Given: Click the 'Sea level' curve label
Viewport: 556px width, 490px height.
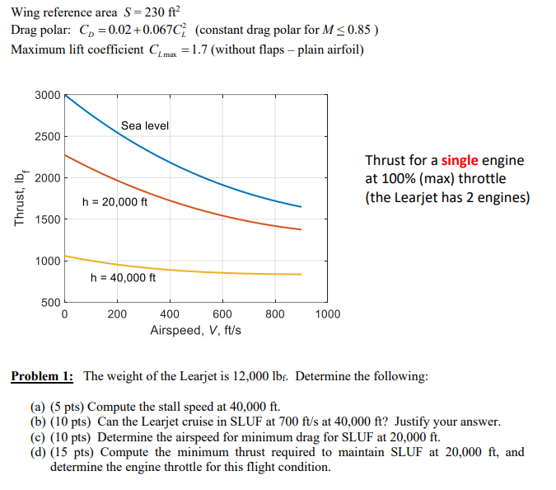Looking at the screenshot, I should pos(144,125).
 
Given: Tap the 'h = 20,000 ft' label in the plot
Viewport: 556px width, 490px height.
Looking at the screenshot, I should pos(114,201).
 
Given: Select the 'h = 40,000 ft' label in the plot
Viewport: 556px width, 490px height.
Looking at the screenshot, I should pos(123,277).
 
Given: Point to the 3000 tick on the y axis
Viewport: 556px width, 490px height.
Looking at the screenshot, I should pos(47,95).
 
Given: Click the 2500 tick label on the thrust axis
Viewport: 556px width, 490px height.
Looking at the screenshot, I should pos(47,136).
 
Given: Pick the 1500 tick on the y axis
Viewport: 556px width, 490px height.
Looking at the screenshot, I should pos(47,219).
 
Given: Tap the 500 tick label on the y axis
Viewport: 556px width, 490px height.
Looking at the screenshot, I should pos(50,303).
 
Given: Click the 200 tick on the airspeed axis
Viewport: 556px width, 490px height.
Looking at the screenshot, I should pos(117,314).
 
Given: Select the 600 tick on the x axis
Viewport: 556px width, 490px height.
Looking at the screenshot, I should pos(222,314).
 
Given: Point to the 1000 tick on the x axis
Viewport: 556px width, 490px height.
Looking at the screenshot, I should pos(327,314).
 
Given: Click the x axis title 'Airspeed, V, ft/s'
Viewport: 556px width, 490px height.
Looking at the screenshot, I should pos(195,330).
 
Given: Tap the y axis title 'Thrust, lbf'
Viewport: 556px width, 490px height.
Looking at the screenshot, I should pos(18,199).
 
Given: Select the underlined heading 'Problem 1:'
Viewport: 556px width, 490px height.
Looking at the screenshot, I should pos(42,377).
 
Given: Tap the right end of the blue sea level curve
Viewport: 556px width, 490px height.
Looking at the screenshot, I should pos(301,206).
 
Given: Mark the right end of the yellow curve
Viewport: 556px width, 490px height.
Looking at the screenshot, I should pos(301,274).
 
